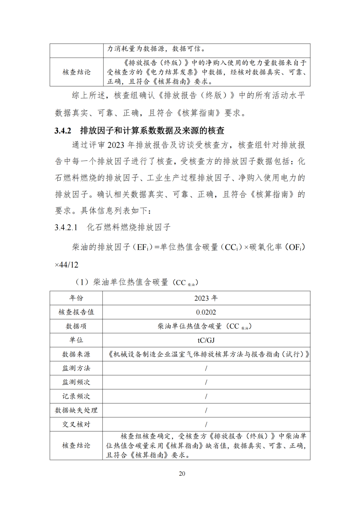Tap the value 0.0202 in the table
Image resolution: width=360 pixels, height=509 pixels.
click(x=206, y=312)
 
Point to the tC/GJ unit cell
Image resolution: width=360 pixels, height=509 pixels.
click(x=206, y=340)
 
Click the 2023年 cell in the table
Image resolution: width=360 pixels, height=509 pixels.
click(x=206, y=298)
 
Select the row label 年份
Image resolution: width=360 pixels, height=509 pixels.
click(x=76, y=298)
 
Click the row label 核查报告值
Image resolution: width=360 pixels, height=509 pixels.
click(x=76, y=312)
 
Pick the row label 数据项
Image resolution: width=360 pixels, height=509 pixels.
click(x=76, y=326)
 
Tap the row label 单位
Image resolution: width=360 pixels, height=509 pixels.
click(x=76, y=340)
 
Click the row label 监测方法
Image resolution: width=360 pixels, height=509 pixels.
click(x=76, y=368)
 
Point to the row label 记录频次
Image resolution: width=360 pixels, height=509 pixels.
click(x=76, y=396)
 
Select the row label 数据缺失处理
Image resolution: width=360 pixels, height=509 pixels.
click(x=76, y=410)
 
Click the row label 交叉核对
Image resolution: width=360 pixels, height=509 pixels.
click(x=76, y=424)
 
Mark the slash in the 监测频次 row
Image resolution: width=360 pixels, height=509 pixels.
click(x=206, y=382)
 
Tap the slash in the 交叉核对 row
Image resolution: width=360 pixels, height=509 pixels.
click(x=206, y=424)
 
